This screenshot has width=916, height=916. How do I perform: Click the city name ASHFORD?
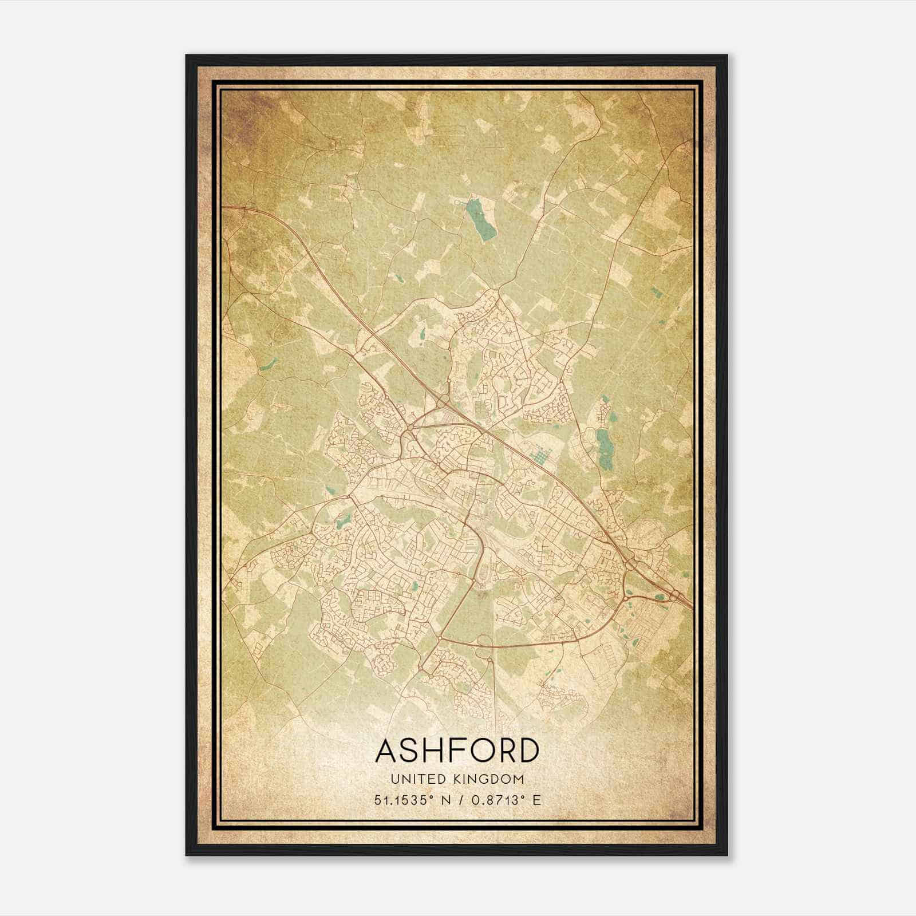pyautogui.click(x=457, y=750)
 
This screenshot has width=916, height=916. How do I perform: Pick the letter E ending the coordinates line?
pyautogui.click(x=536, y=800)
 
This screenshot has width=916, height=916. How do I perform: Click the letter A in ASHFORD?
pyautogui.click(x=386, y=750)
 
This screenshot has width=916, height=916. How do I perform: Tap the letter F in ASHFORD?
pyautogui.click(x=452, y=750)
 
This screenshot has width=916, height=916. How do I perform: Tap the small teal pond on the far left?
pyautogui.click(x=267, y=364)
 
